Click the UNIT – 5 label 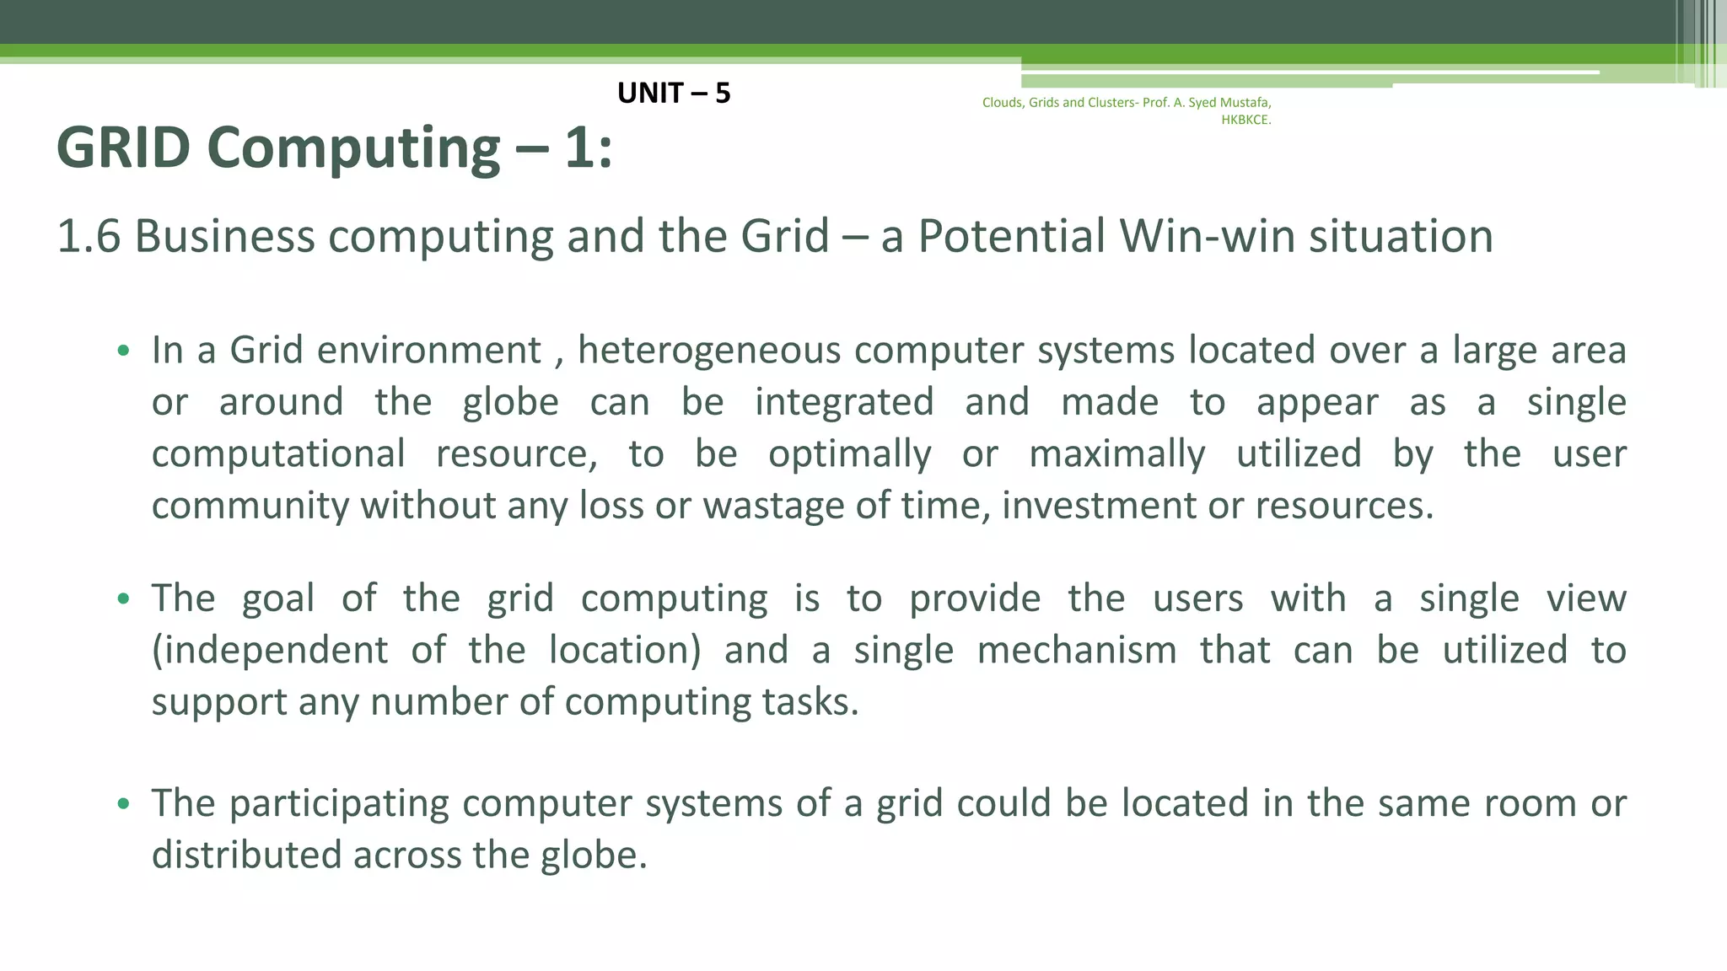(674, 93)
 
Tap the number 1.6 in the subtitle (89, 236)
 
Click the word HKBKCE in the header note (1245, 120)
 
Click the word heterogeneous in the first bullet (708, 350)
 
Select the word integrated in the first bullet (844, 402)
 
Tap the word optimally (850, 454)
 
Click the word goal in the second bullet (278, 598)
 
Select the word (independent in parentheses (270, 651)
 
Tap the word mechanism (1077, 651)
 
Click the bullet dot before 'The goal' (124, 599)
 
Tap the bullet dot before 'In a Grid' (124, 351)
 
